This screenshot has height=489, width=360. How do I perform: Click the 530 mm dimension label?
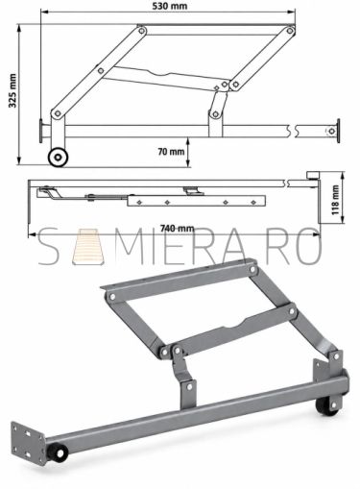tap(169, 6)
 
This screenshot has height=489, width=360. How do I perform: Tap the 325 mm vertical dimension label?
tap(12, 90)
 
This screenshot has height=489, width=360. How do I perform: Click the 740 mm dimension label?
tap(177, 229)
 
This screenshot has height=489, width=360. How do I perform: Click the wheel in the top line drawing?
tap(58, 157)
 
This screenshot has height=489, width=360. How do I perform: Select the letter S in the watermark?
tap(50, 247)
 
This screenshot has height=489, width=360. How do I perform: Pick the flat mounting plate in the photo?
tap(28, 442)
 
